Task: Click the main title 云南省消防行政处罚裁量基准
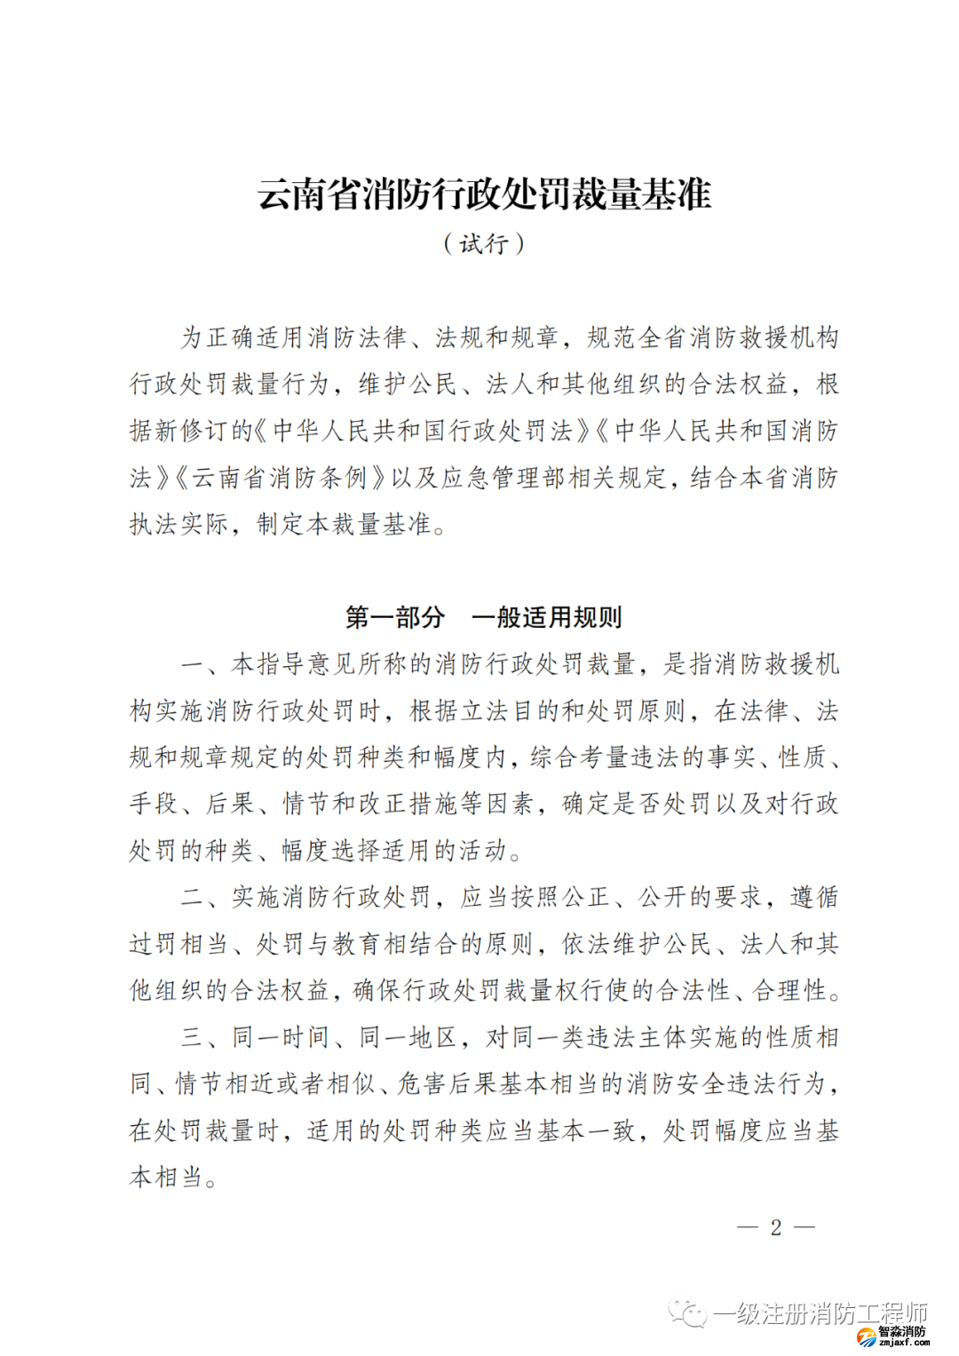(x=484, y=194)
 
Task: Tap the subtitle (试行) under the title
(x=484, y=243)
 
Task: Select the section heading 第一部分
(x=394, y=616)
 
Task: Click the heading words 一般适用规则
(x=547, y=616)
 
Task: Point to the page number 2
(x=775, y=1227)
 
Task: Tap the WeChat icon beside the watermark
(x=687, y=1312)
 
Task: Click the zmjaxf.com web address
(x=903, y=1343)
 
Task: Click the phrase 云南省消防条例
(x=280, y=479)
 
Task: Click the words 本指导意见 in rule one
(x=293, y=664)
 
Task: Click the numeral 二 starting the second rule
(x=192, y=898)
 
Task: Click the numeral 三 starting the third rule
(x=192, y=1037)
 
